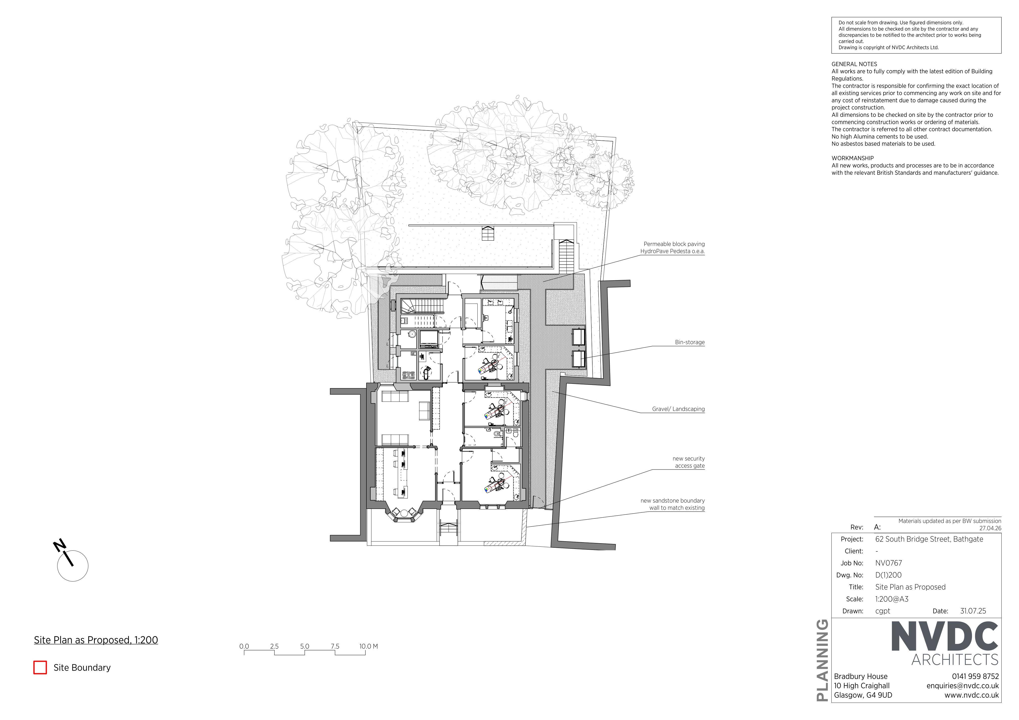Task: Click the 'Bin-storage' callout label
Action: [690, 343]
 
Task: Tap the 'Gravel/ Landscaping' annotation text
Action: [678, 409]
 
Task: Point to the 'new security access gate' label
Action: [688, 462]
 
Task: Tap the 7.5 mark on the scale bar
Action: [335, 646]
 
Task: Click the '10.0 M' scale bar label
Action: [368, 646]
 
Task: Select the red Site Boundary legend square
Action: [40, 668]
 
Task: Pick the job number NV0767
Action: [889, 563]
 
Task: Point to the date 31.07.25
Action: [973, 611]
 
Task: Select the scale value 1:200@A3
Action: [892, 599]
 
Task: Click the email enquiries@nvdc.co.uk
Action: [963, 686]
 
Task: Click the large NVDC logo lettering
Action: [944, 637]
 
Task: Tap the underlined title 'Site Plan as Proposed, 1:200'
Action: [96, 640]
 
